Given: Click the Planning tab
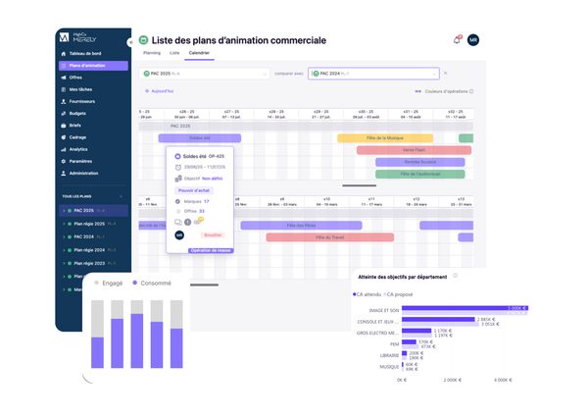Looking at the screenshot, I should [152, 52].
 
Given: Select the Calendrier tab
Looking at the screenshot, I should [199, 52].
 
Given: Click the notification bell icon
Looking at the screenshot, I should [457, 39].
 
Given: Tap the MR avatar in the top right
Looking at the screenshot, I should [473, 39].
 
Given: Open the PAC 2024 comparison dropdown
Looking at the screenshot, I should [372, 73].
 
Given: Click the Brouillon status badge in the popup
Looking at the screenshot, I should [213, 235].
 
